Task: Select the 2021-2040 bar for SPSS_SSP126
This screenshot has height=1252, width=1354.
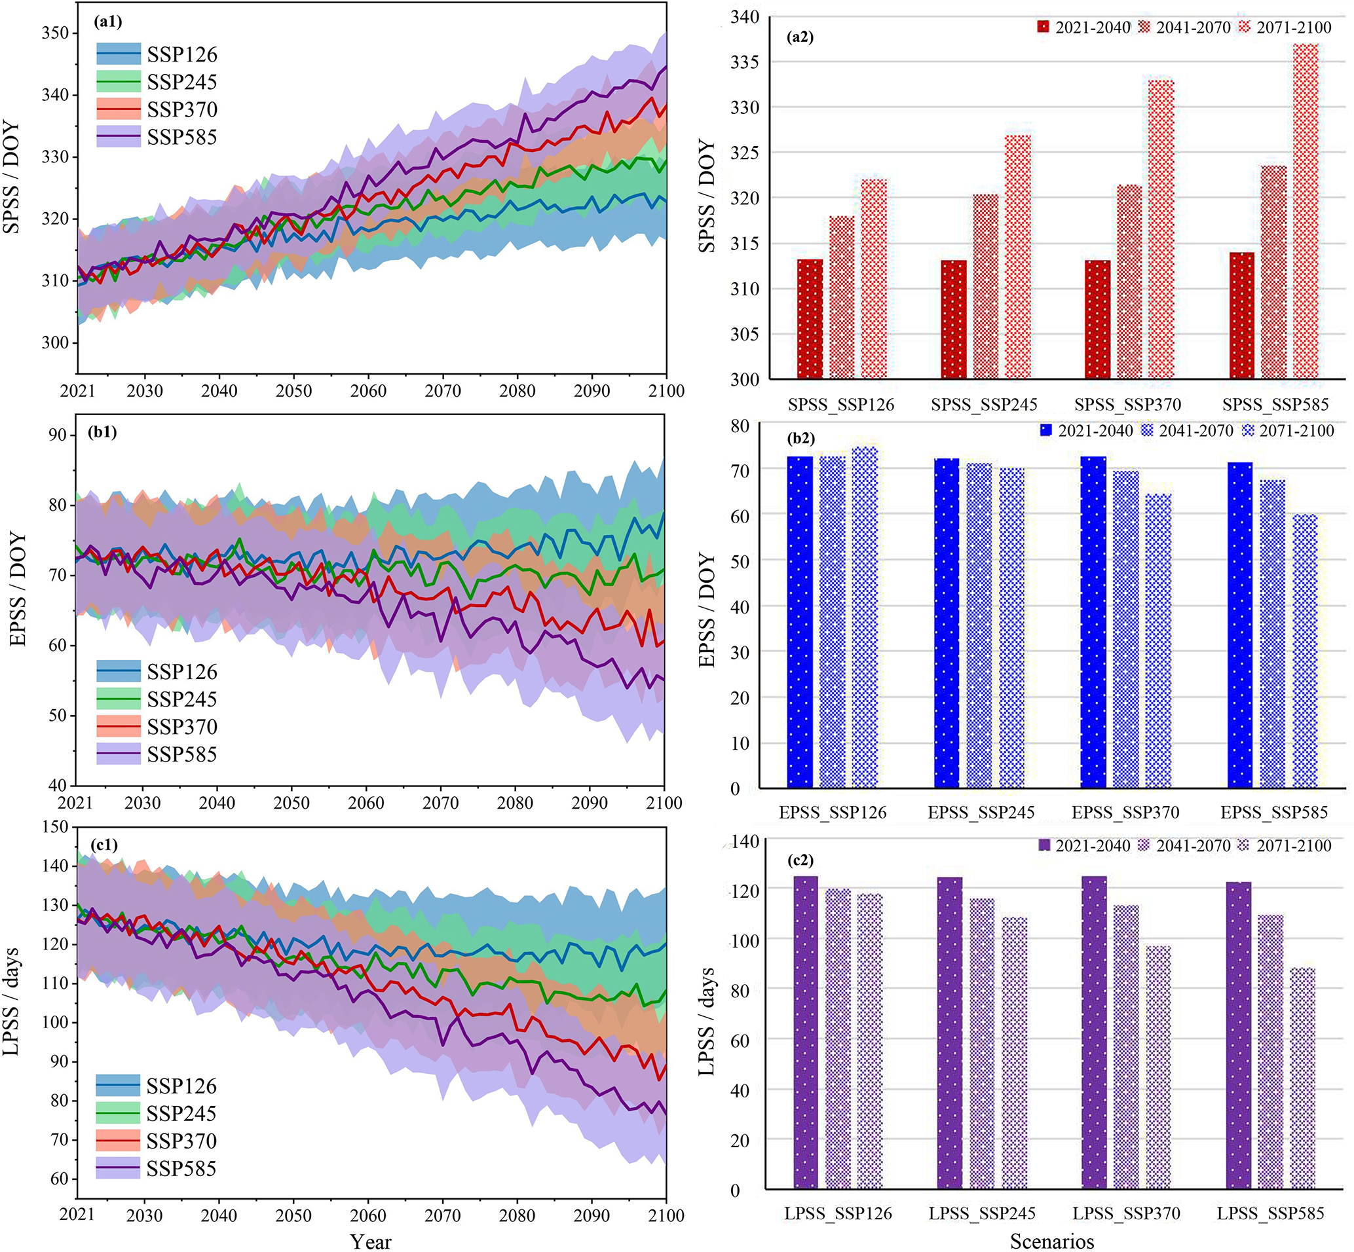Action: coord(810,318)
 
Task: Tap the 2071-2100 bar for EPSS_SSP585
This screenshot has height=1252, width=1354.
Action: coord(1306,650)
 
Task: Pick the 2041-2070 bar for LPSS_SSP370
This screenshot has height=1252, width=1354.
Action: coord(1125,1047)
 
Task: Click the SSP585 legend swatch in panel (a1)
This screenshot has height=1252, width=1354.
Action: coord(119,137)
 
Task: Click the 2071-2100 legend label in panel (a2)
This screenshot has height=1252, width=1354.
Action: coord(1293,28)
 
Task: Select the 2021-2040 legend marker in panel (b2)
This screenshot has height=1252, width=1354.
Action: coord(1045,430)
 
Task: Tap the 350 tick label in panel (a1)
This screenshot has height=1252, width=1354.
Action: coord(55,33)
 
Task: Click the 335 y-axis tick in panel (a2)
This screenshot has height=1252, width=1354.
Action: coord(745,62)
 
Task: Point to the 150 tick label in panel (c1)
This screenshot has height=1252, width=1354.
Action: coord(55,826)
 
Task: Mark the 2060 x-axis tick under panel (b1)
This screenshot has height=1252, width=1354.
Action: coord(366,803)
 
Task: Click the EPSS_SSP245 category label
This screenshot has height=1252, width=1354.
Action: coord(981,813)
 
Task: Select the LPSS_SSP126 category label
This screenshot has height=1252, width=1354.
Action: coord(838,1213)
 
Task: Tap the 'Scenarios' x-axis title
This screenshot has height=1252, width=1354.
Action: coord(1052,1241)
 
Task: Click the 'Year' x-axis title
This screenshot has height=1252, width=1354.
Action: coord(371,1241)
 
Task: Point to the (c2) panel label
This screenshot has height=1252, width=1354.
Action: coord(800,860)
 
